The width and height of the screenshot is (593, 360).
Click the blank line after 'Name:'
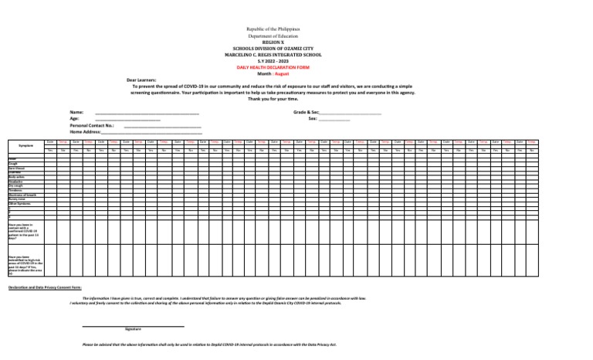[x=147, y=113]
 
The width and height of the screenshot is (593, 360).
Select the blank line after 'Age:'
[x=127, y=119]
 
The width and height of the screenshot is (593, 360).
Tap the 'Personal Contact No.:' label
[x=92, y=125]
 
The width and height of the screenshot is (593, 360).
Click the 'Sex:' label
[x=313, y=119]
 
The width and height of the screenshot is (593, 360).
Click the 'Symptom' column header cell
[x=25, y=146]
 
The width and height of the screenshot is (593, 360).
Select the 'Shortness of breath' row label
[x=22, y=195]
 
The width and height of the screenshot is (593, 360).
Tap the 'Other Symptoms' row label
[x=20, y=204]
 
